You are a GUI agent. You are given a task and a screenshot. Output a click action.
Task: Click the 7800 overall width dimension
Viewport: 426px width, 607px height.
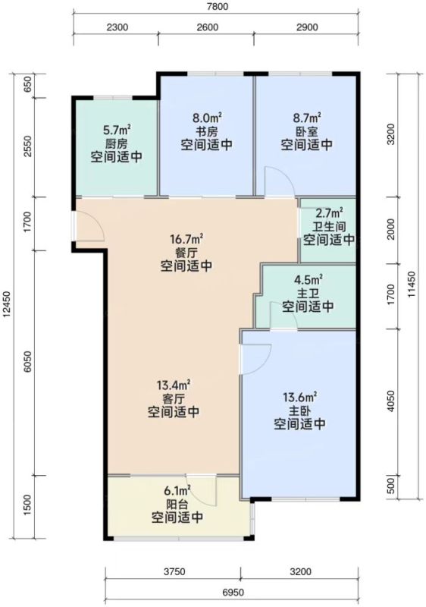click(218, 7)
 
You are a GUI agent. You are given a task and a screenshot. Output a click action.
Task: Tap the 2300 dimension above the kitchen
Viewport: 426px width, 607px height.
click(117, 27)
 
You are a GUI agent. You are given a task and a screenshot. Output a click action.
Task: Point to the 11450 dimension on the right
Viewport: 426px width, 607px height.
click(411, 284)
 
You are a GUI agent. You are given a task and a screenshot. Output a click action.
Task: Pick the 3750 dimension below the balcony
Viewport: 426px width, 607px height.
click(174, 572)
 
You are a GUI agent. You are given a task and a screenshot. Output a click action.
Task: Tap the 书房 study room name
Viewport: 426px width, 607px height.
click(206, 131)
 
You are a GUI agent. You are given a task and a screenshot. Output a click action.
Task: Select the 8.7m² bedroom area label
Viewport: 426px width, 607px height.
click(307, 118)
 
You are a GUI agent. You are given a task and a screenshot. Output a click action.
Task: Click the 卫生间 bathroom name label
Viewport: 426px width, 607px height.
click(329, 226)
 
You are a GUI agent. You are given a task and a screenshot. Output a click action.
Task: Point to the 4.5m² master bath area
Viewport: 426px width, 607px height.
click(308, 279)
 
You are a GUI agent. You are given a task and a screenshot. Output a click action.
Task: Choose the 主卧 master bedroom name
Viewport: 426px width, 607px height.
click(299, 410)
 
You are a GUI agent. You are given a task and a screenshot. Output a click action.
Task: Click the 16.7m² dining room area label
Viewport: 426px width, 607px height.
click(186, 240)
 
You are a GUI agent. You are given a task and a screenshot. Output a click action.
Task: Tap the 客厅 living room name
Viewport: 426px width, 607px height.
click(174, 398)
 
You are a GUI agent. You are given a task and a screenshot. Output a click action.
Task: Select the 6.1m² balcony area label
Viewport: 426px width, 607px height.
click(177, 491)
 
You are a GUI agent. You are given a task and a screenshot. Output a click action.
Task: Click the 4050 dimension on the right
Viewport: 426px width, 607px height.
click(391, 401)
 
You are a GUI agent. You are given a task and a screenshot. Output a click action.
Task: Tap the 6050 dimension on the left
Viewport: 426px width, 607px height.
click(27, 362)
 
